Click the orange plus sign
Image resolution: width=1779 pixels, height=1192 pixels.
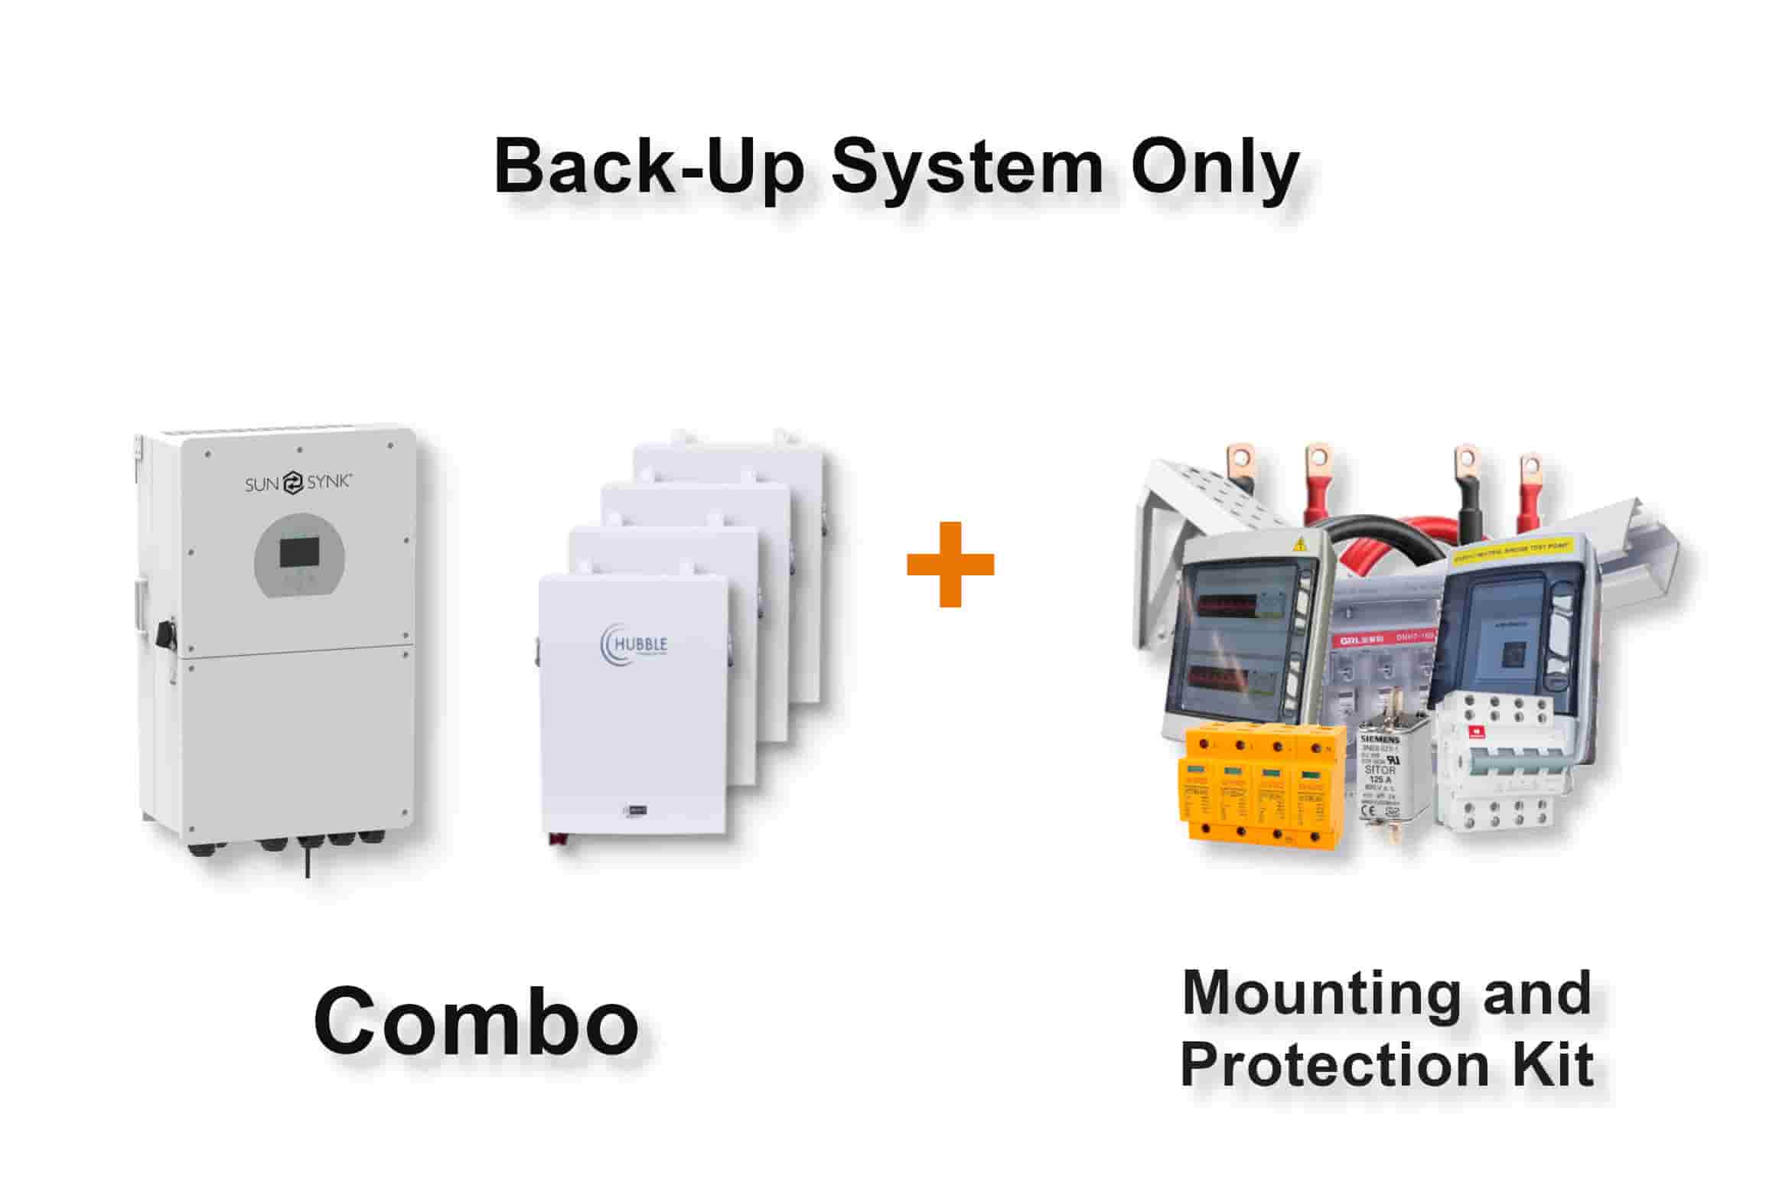coord(950,565)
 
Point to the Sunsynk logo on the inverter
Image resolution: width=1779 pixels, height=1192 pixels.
coord(298,483)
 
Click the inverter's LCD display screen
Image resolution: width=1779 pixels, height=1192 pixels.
coord(299,552)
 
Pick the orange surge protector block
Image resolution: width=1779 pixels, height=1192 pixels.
coord(1263,788)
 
